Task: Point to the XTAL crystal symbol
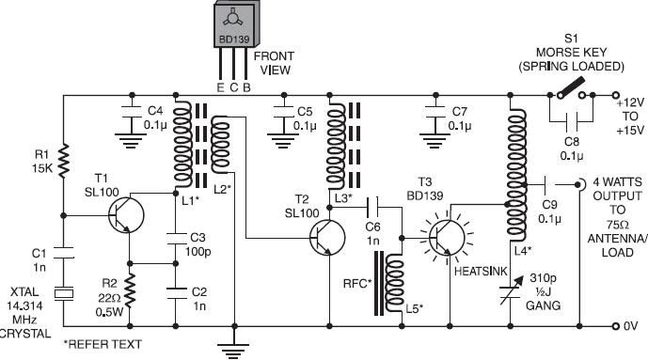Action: [64, 294]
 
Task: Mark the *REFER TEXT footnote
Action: [103, 343]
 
